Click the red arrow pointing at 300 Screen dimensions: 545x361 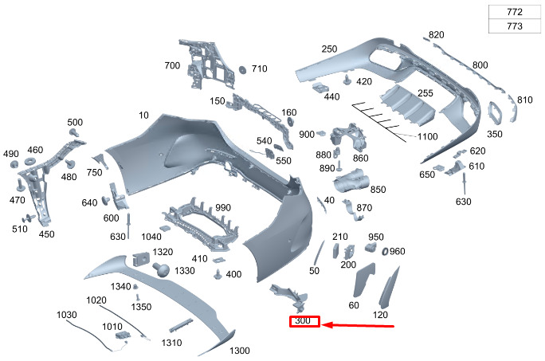tap(358, 325)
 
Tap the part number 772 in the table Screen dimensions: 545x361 tap(515, 12)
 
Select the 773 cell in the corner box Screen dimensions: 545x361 tap(515, 26)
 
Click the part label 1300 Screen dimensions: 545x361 tap(240, 351)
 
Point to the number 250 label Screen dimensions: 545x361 tap(329, 49)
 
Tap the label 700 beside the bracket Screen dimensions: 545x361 tap(172, 65)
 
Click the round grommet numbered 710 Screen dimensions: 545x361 tap(242, 69)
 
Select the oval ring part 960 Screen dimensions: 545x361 tap(385, 251)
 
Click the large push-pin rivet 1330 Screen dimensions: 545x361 tap(161, 269)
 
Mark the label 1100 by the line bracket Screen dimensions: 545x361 tap(427, 136)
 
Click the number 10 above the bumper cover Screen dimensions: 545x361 tap(143, 115)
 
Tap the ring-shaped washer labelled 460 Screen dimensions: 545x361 tap(30, 161)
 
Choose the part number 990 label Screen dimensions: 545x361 tap(223, 208)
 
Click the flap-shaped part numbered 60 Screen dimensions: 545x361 tap(363, 280)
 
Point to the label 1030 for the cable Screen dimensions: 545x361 tap(66, 315)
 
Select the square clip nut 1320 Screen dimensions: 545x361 tap(141, 258)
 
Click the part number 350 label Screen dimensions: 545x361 tap(494, 134)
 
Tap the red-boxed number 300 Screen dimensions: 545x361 tap(303, 320)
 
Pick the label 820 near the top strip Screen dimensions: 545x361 tap(436, 35)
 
